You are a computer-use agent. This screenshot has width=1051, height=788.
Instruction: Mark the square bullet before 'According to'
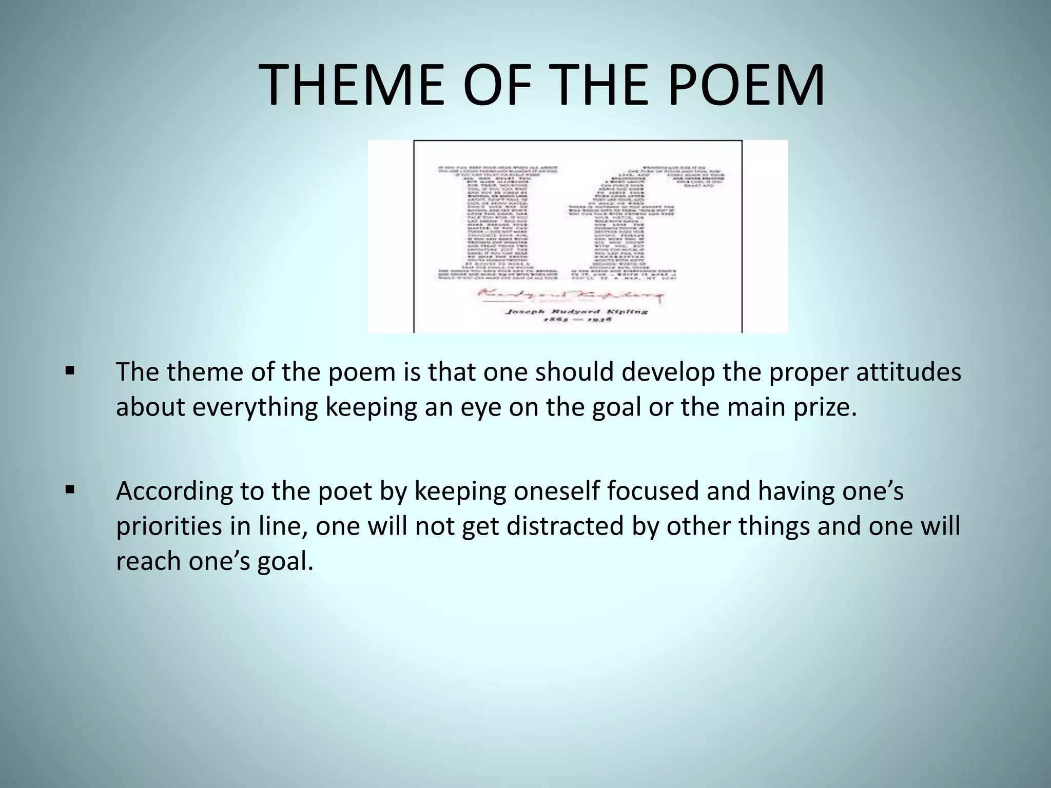(x=70, y=489)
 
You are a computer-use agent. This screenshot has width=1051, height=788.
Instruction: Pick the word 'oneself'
(x=557, y=491)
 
